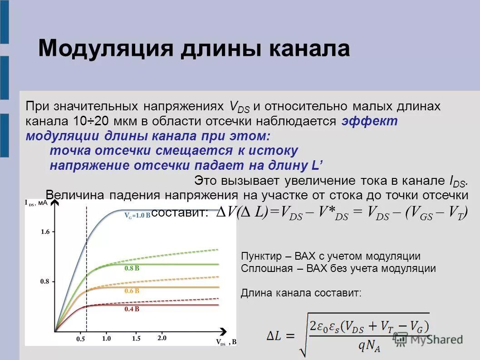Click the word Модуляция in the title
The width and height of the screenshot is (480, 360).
point(106,48)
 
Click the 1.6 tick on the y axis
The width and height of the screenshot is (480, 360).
point(45,232)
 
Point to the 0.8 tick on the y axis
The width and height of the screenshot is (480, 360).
point(45,281)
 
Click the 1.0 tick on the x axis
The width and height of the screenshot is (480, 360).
point(107,338)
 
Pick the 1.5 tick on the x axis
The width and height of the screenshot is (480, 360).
point(136,338)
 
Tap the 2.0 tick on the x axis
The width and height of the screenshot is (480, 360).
point(162,338)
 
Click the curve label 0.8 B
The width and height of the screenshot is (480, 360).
point(132,268)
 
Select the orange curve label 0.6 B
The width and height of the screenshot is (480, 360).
point(132,291)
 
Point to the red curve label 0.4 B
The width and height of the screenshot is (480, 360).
point(132,309)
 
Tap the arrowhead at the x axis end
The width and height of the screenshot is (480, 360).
point(223,331)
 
